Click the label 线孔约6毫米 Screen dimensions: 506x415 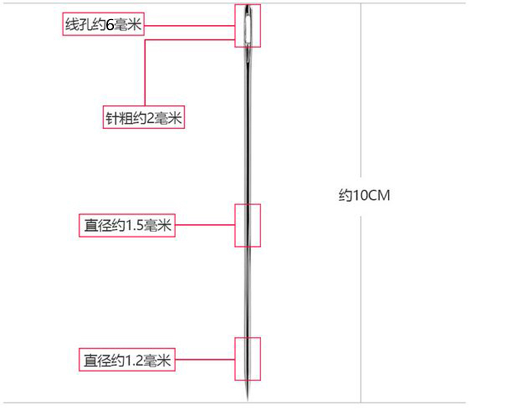point(103,26)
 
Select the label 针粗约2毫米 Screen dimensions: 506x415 point(144,118)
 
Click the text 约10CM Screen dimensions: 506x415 point(364,196)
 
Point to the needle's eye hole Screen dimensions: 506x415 point(248,26)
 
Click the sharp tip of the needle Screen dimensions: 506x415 point(248,398)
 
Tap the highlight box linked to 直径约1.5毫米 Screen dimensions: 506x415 point(256,225)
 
